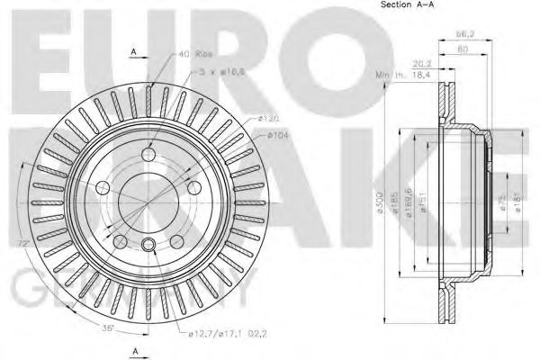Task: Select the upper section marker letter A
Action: pyautogui.click(x=133, y=52)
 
